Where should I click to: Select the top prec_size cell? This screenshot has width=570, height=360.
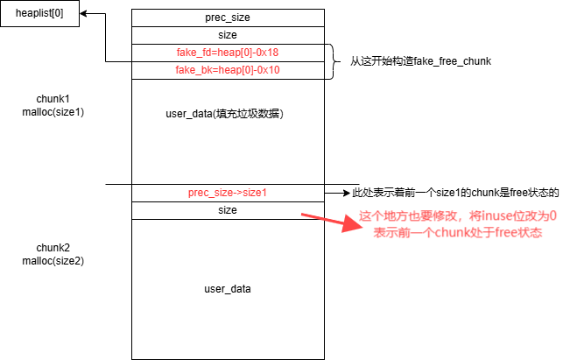click(x=227, y=18)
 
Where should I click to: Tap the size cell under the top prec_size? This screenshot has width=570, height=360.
click(x=227, y=35)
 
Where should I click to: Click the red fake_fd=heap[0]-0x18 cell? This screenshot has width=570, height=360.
click(x=227, y=53)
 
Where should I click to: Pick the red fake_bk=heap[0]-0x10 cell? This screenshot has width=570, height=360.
click(x=227, y=70)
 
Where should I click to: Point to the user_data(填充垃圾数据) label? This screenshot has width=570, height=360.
click(x=227, y=115)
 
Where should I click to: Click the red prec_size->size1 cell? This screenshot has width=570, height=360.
click(x=227, y=193)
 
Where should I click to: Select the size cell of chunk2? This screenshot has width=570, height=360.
click(x=227, y=210)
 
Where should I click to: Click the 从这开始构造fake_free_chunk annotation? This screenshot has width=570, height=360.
click(x=420, y=61)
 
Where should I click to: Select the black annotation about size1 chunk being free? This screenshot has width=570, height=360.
click(x=454, y=193)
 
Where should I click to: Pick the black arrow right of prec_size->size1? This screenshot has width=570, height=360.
click(x=337, y=193)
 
